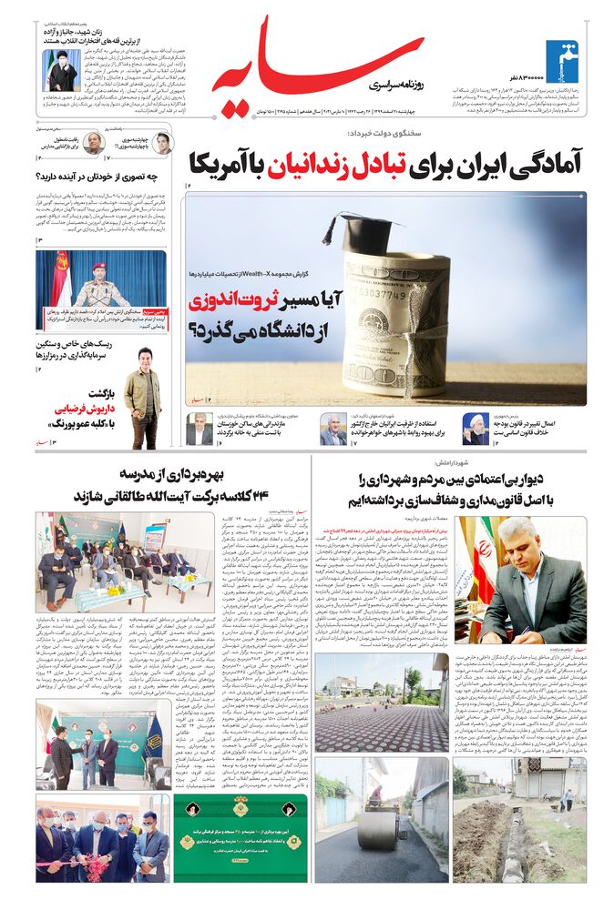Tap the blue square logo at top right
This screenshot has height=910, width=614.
[563, 61]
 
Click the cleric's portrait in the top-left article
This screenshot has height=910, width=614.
[59, 69]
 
